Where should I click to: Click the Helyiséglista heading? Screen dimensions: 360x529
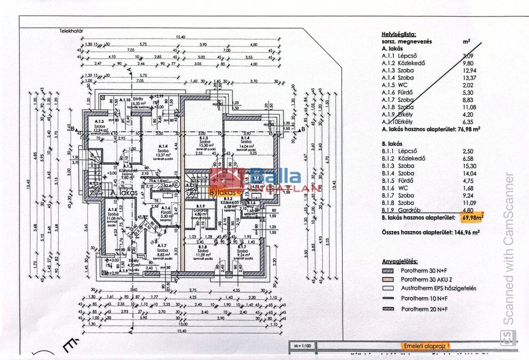398,33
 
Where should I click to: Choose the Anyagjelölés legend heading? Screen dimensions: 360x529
400,262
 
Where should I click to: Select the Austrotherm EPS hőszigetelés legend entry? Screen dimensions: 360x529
438,288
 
